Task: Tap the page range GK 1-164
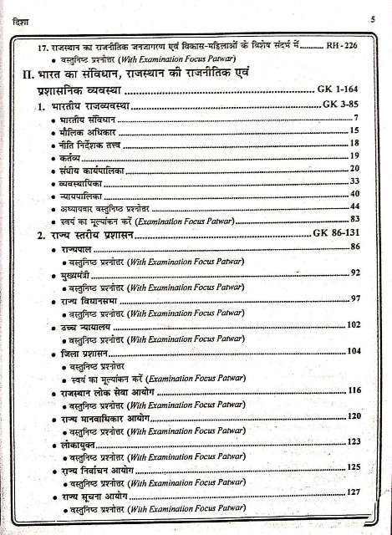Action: point(338,89)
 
